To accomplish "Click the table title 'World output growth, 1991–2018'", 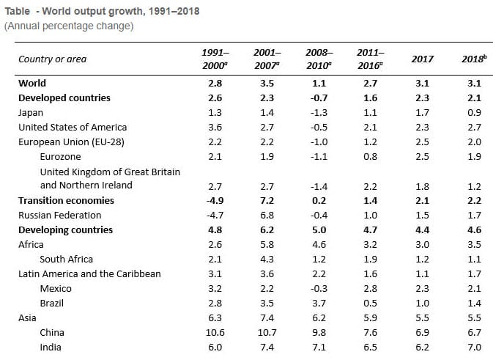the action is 121,11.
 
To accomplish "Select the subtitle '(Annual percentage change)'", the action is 69,26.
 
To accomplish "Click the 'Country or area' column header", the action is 52,59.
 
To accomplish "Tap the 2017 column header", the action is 422,59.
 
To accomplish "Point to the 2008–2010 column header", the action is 319,59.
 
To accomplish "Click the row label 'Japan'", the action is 31,113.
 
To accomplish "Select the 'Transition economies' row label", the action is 66,200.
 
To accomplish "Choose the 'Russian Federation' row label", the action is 60,216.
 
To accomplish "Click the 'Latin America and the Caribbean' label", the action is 89,273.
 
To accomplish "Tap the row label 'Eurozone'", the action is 60,156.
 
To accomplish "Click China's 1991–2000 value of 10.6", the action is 215,333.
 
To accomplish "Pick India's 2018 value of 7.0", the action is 474,347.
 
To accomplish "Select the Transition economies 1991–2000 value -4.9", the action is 215,200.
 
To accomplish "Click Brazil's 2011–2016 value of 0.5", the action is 371,303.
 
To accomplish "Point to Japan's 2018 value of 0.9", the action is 474,113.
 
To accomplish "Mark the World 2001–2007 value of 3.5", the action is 267,84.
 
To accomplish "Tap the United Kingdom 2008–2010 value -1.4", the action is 319,187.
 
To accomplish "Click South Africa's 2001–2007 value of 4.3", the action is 267,260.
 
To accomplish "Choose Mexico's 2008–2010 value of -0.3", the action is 319,289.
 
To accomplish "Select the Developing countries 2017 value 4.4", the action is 422,229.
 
